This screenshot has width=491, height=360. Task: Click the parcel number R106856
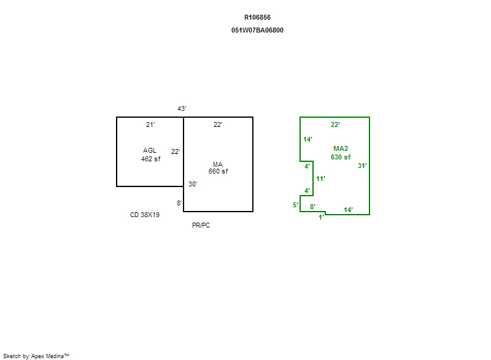point(257,17)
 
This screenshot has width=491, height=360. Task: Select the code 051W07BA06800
point(257,30)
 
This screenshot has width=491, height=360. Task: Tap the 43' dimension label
point(182,109)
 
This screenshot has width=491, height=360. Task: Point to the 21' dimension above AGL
point(150,124)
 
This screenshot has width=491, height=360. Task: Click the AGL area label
point(150,150)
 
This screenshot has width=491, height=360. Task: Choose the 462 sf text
point(150,159)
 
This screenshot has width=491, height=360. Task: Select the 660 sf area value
point(218,171)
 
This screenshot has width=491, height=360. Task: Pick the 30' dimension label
point(193,184)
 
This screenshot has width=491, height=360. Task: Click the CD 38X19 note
point(145,215)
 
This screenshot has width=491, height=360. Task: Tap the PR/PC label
point(201,225)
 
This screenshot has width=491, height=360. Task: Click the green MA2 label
point(341,148)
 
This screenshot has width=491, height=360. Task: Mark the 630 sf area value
point(341,157)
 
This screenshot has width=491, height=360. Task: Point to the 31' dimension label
point(362,165)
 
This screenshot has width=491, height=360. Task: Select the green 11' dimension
point(320,178)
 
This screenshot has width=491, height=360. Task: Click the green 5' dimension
point(295,205)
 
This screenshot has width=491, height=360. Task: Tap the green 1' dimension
point(320,217)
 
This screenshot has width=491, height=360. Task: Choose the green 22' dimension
point(335,124)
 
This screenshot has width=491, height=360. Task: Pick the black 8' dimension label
point(179,203)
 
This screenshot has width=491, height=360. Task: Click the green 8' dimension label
point(312,207)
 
